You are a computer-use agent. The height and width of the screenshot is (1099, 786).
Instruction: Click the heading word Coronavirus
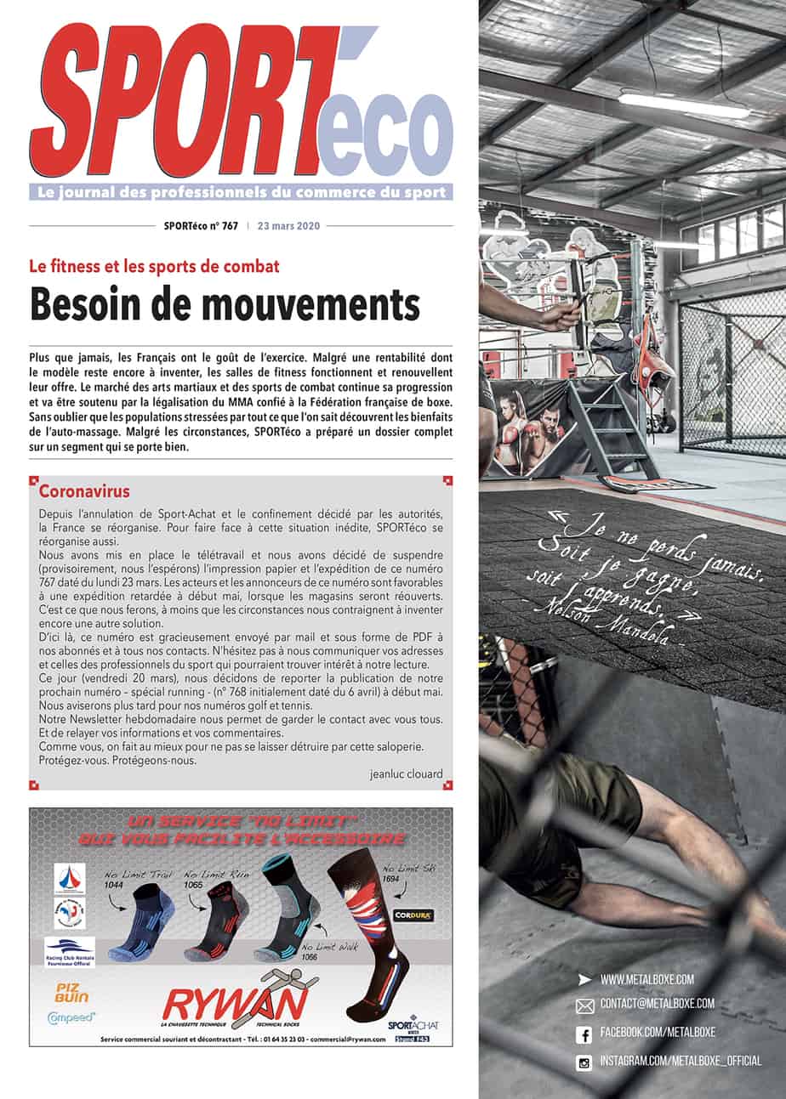pyautogui.click(x=84, y=491)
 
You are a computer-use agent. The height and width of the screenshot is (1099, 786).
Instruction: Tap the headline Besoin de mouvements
pyautogui.click(x=225, y=304)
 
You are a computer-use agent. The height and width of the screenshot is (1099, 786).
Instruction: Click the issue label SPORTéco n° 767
pyautogui.click(x=201, y=226)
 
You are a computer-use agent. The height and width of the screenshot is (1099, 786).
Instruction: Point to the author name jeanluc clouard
pyautogui.click(x=407, y=774)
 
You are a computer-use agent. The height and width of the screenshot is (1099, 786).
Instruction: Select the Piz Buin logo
pyautogui.click(x=72, y=991)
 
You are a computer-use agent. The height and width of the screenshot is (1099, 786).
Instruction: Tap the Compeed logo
pyautogui.click(x=71, y=1016)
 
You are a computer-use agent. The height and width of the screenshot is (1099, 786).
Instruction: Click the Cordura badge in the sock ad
pyautogui.click(x=413, y=915)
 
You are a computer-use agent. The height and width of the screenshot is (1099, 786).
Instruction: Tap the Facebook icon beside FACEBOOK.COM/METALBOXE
pyautogui.click(x=584, y=1034)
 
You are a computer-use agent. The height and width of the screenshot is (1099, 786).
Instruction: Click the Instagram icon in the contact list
pyautogui.click(x=584, y=1062)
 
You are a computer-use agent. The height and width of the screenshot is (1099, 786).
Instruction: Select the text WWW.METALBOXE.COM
pyautogui.click(x=646, y=979)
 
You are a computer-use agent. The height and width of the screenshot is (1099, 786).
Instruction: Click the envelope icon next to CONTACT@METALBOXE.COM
pyautogui.click(x=584, y=1006)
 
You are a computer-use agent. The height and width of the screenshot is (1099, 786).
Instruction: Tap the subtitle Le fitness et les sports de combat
pyautogui.click(x=155, y=266)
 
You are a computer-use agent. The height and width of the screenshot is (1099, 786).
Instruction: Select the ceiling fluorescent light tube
pyautogui.click(x=685, y=105)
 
